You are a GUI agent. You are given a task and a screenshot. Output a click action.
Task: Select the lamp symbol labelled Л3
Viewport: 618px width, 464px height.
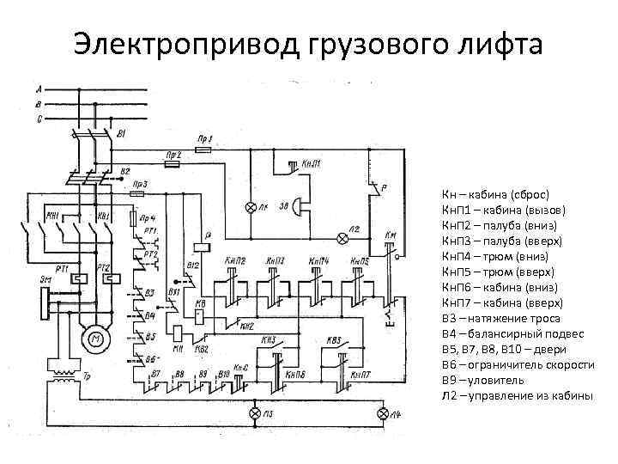pyautogui.click(x=253, y=414)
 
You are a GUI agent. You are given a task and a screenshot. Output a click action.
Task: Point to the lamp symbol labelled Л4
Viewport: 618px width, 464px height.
pyautogui.click(x=385, y=414)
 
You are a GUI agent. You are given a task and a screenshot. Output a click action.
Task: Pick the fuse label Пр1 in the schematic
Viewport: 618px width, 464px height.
pyautogui.click(x=204, y=138)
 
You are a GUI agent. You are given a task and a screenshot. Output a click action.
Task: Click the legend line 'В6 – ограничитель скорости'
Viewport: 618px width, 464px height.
pyautogui.click(x=518, y=364)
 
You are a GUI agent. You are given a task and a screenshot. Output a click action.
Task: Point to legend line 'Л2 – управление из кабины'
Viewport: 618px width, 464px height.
pyautogui.click(x=517, y=395)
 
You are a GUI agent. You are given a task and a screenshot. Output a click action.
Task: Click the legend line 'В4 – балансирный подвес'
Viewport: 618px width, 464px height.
pyautogui.click(x=512, y=333)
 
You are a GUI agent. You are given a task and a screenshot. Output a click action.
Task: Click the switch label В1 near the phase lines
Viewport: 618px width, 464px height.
pyautogui.click(x=121, y=134)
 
